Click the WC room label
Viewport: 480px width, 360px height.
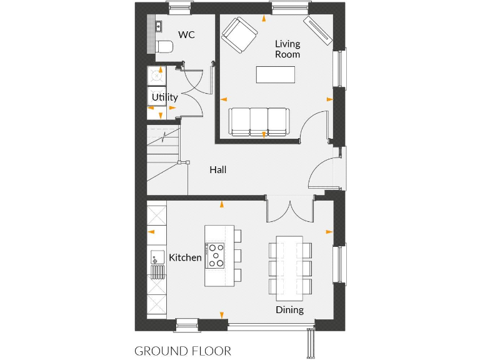186,35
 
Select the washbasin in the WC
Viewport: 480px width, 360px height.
159,27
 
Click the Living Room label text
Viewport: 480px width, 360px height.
287,49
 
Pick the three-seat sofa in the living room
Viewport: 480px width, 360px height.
259,121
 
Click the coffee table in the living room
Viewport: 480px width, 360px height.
276,74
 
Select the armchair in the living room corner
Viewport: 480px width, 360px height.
239,35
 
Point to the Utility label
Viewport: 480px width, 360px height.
165,97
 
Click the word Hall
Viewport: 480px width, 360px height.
218,169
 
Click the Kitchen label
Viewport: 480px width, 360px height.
186,257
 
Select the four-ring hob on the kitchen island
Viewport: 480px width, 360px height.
217,256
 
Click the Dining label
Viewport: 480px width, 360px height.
289,310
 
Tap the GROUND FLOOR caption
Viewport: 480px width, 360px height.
182,351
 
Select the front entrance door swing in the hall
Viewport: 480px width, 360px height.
321,174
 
